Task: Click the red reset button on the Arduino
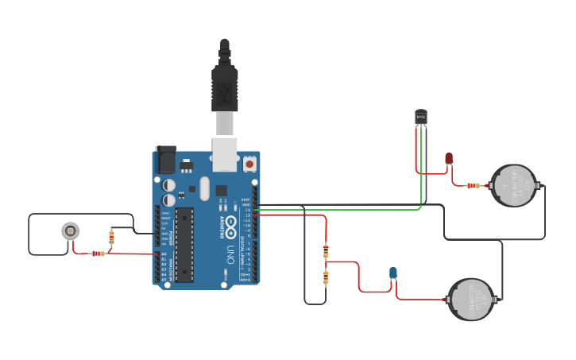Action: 249,163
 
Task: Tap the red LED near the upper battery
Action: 449,159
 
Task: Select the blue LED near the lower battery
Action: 393,273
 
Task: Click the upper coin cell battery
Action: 512,186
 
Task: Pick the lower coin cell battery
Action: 470,300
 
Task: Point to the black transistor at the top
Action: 421,118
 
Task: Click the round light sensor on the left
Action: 71,231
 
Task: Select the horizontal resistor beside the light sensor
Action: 98,254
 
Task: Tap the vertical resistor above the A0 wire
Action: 111,237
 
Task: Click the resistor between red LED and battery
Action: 473,185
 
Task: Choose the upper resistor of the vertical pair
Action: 326,251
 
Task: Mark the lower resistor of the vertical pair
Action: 326,277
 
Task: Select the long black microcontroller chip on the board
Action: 184,245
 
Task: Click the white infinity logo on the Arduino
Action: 230,225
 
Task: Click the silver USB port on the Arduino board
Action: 225,153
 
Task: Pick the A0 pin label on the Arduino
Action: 164,254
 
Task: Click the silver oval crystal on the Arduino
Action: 204,188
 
